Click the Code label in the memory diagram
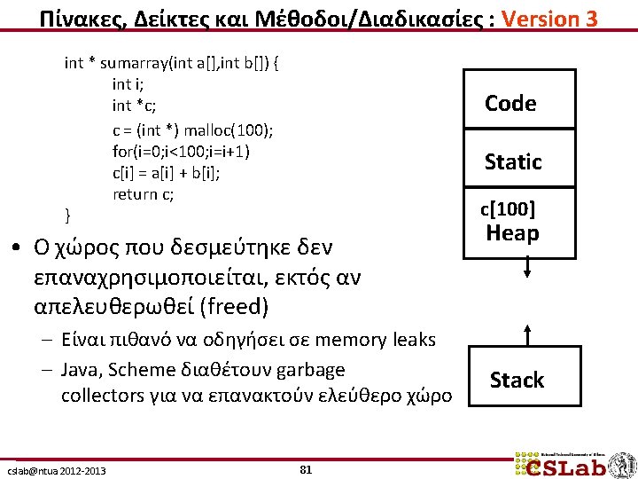[510, 104]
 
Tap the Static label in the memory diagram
[513, 161]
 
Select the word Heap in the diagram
[513, 233]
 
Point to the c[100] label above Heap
[508, 210]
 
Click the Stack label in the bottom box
[517, 381]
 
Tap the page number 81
[306, 469]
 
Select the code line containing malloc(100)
[193, 130]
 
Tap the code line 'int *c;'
[135, 106]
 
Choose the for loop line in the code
[182, 151]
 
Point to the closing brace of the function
[68, 216]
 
